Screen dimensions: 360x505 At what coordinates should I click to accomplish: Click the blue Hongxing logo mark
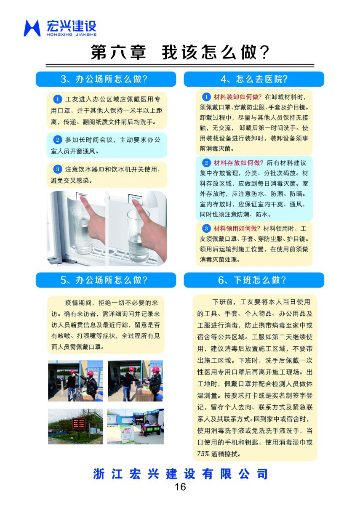pyautogui.click(x=32, y=28)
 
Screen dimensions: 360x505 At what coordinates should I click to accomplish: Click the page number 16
pyautogui.click(x=180, y=487)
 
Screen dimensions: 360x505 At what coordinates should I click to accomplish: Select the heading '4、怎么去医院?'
pyautogui.click(x=254, y=79)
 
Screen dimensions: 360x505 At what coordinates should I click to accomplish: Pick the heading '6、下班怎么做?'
pyautogui.click(x=252, y=280)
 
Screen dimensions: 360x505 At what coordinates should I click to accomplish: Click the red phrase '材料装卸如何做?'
pyautogui.click(x=237, y=97)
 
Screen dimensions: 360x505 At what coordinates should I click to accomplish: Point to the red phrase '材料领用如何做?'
pyautogui.click(x=237, y=229)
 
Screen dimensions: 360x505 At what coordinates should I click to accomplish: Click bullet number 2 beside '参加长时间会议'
pyautogui.click(x=58, y=140)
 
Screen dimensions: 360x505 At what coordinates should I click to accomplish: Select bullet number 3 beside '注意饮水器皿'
pyautogui.click(x=58, y=169)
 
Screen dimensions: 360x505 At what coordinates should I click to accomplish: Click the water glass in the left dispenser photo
pyautogui.click(x=83, y=231)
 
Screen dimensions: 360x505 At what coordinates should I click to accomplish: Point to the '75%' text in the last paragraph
pyautogui.click(x=203, y=454)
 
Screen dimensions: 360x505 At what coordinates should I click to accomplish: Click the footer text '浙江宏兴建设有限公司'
pyautogui.click(x=180, y=474)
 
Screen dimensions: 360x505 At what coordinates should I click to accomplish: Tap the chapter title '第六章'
pyautogui.click(x=119, y=52)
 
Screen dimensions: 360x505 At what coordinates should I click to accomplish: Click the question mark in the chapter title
pyautogui.click(x=264, y=52)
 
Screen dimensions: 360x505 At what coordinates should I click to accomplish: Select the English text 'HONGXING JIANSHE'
pyautogui.click(x=72, y=35)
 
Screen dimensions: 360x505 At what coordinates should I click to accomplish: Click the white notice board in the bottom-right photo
pyautogui.click(x=128, y=433)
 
